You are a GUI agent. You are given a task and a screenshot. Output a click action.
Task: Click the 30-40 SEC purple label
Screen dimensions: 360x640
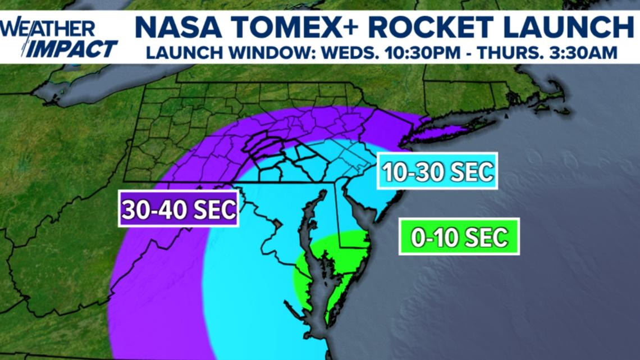pos(179,210)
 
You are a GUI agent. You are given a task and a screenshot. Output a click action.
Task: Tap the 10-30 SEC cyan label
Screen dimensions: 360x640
pos(437,170)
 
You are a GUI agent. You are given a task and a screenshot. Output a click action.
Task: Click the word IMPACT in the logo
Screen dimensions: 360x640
pos(73,49)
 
